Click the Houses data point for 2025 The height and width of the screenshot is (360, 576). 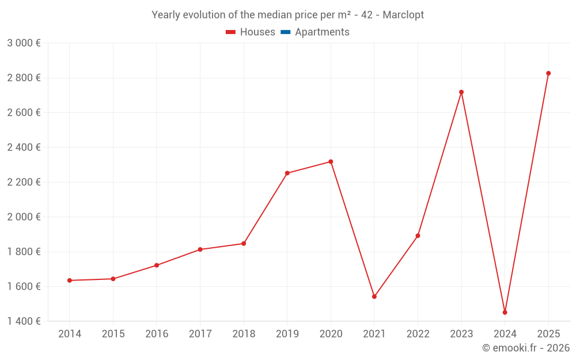[548, 73]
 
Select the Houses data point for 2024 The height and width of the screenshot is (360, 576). [505, 312]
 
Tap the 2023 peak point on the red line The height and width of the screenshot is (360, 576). [461, 92]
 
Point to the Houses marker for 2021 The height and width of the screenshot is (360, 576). [374, 297]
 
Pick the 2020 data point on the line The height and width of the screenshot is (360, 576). [331, 162]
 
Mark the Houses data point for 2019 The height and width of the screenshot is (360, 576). [287, 173]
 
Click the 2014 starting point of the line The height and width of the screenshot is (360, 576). [70, 281]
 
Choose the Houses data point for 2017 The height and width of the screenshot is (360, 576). [200, 249]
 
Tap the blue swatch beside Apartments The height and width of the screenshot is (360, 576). [286, 32]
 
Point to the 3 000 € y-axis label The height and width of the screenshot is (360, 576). [24, 43]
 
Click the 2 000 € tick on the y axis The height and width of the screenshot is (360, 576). [24, 217]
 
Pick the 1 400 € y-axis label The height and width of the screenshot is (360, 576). [24, 321]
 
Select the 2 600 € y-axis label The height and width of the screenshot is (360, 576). [24, 113]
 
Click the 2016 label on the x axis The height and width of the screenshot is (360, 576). [157, 334]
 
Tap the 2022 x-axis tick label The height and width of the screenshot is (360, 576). [418, 334]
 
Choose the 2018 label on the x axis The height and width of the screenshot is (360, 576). [244, 334]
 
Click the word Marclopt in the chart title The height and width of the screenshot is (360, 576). [404, 15]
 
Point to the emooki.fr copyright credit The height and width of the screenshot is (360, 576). [525, 348]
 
